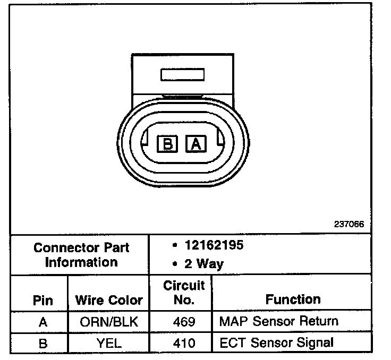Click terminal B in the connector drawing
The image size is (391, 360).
point(167,143)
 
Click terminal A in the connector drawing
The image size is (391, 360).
point(195,143)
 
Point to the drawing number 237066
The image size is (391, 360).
point(348,224)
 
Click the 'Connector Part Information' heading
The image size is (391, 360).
point(81,255)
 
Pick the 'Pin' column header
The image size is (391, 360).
point(42,300)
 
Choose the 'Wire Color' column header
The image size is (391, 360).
point(109,300)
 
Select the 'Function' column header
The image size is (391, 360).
point(293,299)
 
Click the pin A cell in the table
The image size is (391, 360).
point(42,322)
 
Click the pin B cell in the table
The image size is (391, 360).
point(42,343)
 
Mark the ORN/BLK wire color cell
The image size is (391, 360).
point(109,322)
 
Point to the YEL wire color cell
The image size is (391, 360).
point(109,343)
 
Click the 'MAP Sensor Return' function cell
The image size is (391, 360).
point(278,321)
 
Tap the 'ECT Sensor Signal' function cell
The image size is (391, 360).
point(276,342)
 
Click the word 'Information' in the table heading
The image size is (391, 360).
point(81,262)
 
